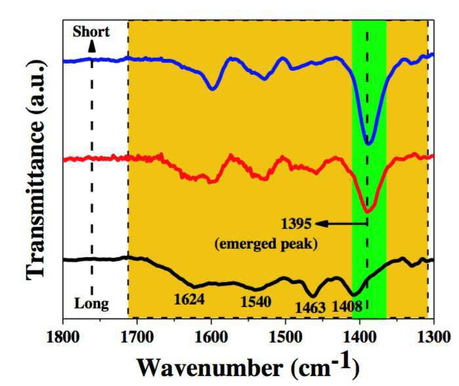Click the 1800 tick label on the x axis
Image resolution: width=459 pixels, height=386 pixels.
[63, 337]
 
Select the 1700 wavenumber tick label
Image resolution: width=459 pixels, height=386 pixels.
[137, 337]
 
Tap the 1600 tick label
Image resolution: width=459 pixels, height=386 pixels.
[211, 337]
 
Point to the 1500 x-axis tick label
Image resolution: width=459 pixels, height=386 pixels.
[286, 337]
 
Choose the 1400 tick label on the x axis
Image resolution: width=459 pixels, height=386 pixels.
[360, 337]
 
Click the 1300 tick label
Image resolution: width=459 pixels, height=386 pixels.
[434, 337]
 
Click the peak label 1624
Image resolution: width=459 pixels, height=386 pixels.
[189, 299]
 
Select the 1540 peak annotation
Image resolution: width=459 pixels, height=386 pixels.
[256, 302]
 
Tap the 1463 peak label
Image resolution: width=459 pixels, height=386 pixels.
[311, 308]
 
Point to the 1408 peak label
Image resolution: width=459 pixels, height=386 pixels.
[347, 307]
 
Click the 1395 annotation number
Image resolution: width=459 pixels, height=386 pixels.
[296, 224]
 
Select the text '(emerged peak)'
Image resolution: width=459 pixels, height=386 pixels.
[266, 244]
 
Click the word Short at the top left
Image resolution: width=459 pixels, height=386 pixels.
[91, 32]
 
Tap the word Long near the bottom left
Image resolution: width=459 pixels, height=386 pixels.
[92, 304]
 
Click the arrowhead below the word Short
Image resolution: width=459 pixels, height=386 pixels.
[92, 47]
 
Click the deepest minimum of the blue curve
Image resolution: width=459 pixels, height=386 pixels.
[368, 143]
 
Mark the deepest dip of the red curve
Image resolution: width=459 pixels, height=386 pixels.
[367, 211]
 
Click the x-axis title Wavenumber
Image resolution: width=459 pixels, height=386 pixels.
[210, 368]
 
